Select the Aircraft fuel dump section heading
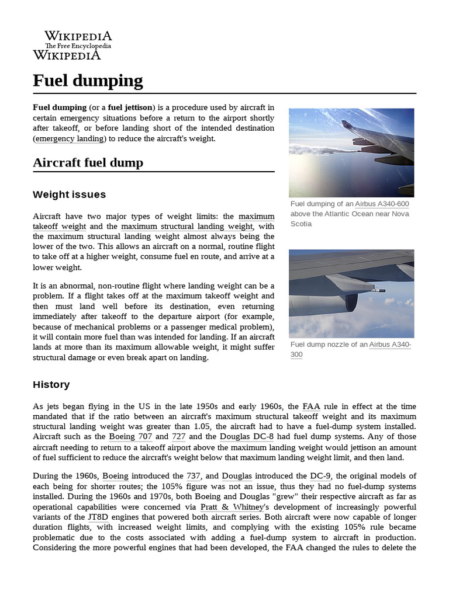88,162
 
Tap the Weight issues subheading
69,194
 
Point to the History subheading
51,384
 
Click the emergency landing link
70,139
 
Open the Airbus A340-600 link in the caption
382,204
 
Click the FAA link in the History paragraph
312,406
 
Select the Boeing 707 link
130,436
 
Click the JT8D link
99,517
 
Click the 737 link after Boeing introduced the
193,476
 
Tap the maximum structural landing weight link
187,227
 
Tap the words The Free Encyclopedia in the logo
78,46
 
